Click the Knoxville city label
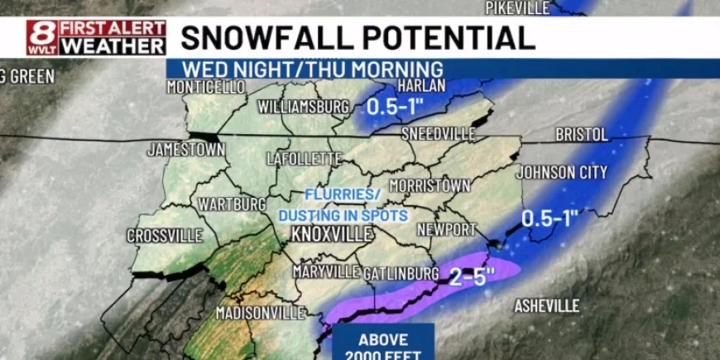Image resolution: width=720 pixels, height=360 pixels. [332, 234]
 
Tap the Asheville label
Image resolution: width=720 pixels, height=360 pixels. [547, 306]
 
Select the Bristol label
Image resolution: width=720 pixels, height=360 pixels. [581, 134]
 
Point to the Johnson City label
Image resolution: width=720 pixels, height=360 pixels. [562, 172]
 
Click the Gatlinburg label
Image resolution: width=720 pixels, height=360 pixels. [401, 272]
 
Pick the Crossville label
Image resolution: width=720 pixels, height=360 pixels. [165, 236]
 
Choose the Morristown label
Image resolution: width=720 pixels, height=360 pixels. [430, 185]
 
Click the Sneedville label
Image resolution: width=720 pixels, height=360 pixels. [438, 134]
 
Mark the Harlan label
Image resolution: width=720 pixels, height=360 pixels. [421, 85]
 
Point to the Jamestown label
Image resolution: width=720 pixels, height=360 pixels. [186, 150]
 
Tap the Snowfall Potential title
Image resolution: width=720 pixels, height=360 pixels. [358, 38]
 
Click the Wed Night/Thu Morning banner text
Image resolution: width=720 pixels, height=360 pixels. [313, 69]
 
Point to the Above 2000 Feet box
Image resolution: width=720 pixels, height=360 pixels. [383, 344]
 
